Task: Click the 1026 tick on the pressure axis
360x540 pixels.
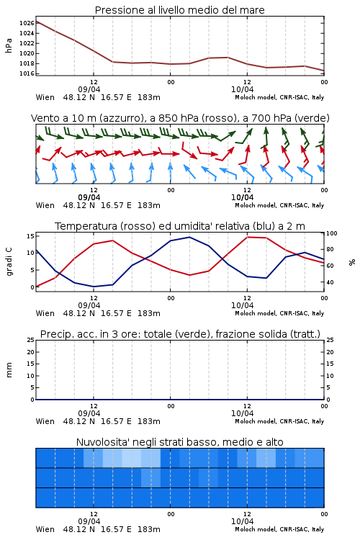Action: (27, 23)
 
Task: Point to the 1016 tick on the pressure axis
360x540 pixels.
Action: (27, 73)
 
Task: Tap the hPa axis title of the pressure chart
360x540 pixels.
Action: (9, 45)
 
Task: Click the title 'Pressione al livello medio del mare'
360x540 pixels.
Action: (180, 10)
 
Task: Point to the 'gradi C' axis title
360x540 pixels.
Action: (9, 262)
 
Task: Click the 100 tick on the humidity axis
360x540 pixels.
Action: (332, 233)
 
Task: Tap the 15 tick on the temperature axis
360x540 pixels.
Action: (30, 236)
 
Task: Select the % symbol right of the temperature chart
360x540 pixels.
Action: (352, 262)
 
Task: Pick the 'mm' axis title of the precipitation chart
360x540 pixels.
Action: (9, 370)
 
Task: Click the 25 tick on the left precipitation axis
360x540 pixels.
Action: (31, 340)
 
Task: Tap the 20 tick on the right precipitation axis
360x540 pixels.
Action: (330, 352)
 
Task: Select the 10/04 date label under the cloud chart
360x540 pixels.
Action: (242, 521)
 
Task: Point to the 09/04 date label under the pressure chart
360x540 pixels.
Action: (89, 89)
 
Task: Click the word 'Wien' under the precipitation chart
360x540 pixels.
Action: (45, 421)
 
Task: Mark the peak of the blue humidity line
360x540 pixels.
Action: (189, 238)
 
